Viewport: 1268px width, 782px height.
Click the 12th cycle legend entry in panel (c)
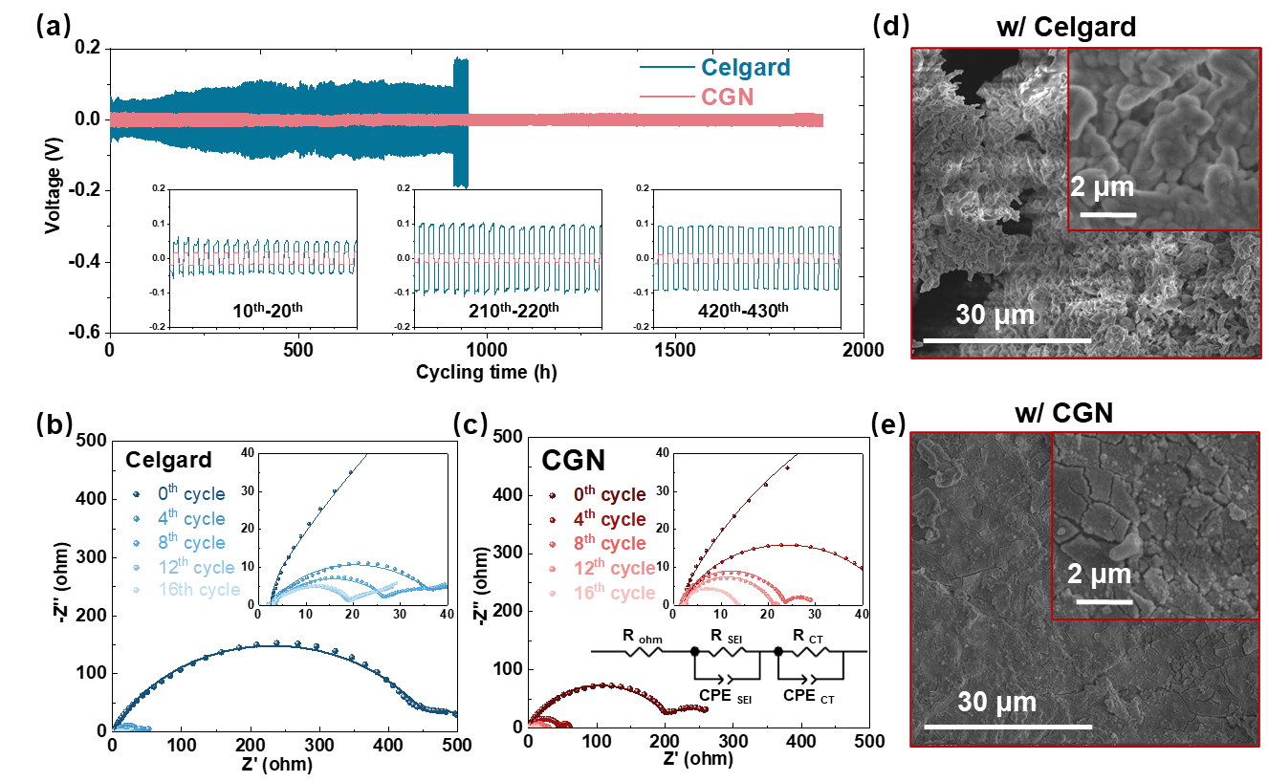(606, 568)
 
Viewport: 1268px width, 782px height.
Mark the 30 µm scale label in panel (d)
(995, 314)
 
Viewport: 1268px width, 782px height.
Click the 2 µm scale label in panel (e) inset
(1100, 575)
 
